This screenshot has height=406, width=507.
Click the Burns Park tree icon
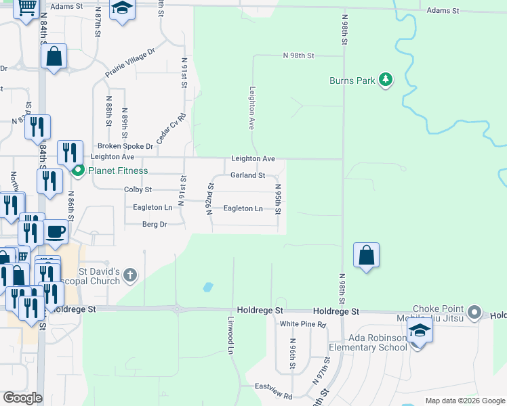386,80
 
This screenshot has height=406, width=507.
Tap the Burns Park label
352,81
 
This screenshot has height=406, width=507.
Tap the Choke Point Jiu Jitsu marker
474,313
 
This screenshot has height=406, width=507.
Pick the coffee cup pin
56,231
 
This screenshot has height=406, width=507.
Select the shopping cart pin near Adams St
26,9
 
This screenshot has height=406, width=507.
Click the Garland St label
247,175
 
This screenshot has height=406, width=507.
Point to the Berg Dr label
154,224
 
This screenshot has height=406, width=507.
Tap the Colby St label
138,190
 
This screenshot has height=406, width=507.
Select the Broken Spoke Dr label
125,145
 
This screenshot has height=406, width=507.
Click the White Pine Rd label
303,325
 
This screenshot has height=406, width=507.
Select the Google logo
22,397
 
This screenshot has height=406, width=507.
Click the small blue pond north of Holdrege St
207,287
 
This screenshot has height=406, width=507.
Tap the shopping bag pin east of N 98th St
366,255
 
